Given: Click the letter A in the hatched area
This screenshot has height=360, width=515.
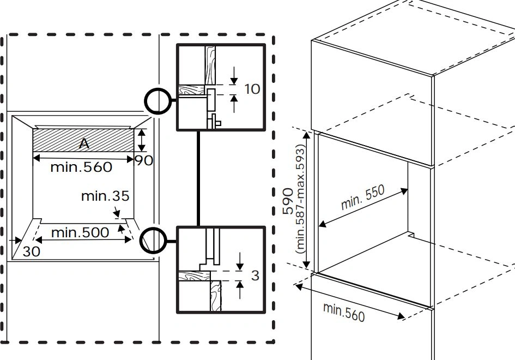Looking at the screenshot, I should click(84, 143).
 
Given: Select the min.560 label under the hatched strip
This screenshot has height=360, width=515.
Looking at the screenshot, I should click(81, 167).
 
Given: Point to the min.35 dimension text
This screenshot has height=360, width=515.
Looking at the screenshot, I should click(105, 196).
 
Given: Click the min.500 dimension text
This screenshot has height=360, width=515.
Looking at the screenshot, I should click(80, 233).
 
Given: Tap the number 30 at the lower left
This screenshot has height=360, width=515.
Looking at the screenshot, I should click(32, 251).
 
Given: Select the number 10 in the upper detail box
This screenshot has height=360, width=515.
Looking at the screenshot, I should click(252, 88).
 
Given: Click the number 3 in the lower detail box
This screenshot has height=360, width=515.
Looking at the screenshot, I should click(255, 275).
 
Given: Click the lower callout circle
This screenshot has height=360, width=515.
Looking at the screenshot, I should click(152, 241).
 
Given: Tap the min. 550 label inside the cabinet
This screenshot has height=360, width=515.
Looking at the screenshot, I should click(363, 197).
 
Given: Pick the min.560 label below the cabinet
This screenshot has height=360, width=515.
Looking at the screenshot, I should click(344, 311).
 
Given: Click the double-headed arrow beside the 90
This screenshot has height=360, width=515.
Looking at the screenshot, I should click(142, 140).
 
